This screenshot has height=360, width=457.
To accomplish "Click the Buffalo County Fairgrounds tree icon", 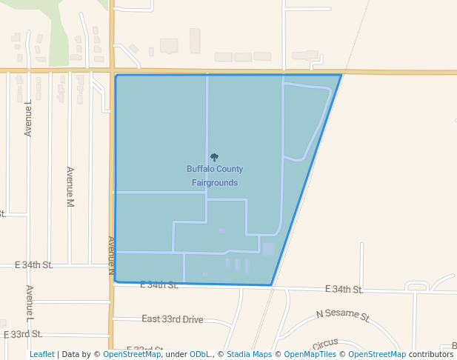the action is [215, 157].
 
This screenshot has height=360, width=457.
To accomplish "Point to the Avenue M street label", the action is [71, 187].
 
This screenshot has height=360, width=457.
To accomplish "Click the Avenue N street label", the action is [111, 256].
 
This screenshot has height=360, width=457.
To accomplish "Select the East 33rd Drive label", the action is [172, 319].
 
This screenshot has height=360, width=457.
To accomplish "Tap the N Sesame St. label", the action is [343, 315].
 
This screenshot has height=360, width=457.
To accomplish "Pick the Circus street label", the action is [324, 344].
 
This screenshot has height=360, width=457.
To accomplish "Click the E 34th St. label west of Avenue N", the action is [34, 264].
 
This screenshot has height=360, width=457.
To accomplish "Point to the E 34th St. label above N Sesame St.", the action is [344, 290].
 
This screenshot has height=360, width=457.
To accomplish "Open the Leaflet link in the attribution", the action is [41, 354].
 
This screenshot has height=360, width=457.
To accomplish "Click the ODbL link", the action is [200, 354].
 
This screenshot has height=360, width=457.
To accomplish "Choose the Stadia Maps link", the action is [249, 354].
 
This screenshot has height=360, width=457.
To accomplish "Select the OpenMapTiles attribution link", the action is [310, 354].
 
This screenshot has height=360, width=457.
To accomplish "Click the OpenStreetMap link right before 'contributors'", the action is [377, 354].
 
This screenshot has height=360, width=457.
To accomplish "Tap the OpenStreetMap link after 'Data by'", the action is [132, 354].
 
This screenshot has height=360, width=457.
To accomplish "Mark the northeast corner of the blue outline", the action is [341, 75].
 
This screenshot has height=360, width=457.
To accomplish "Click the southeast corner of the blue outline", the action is [271, 285].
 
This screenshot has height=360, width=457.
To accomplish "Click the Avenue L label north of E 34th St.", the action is [28, 119].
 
